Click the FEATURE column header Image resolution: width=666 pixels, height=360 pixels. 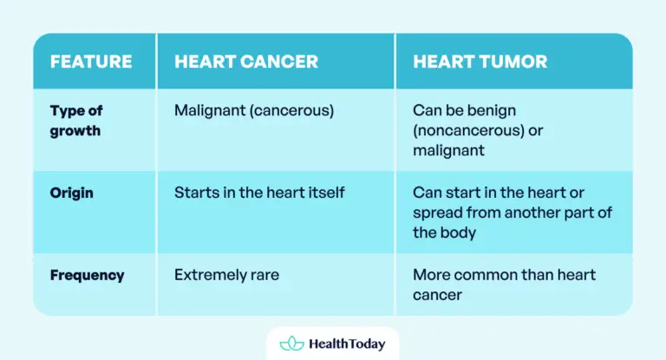91,62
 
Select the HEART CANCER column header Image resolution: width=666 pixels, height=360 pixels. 246,62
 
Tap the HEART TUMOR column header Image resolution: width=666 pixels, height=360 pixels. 480,62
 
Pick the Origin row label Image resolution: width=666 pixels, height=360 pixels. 72,193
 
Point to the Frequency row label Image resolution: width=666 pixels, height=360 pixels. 87,275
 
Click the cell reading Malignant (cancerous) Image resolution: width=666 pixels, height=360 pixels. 253,111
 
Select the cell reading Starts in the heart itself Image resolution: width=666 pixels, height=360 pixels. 259,193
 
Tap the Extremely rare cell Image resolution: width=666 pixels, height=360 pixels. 226,275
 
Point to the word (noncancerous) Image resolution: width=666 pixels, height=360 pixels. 467,131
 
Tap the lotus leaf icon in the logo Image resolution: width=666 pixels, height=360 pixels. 291,344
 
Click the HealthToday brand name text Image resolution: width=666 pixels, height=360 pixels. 347,344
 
